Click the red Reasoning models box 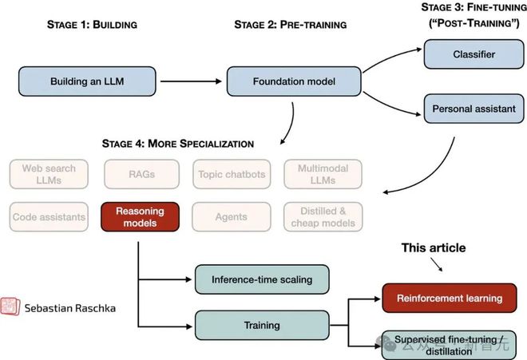click(141, 217)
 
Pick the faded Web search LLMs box click(50, 174)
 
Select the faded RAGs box click(141, 174)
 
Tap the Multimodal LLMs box click(323, 174)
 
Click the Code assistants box click(50, 217)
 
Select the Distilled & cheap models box click(323, 217)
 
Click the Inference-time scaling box click(262, 279)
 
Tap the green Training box click(262, 325)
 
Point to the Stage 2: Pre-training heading click(290, 25)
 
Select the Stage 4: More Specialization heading click(178, 144)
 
